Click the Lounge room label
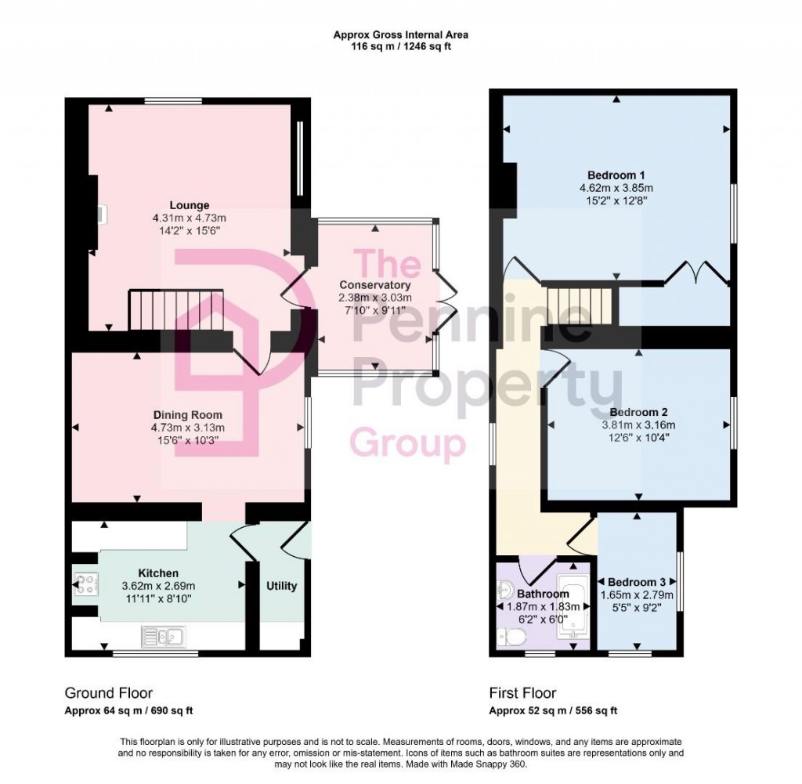(192, 206)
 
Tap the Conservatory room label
(374, 285)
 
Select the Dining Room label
(187, 415)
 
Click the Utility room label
(281, 586)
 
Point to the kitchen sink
(162, 636)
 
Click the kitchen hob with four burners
(85, 584)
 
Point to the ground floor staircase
(176, 311)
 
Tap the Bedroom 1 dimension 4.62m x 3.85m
(615, 188)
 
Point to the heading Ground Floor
(108, 693)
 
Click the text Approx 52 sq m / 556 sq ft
(553, 711)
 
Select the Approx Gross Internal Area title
(401, 34)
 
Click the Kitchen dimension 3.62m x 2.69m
(158, 586)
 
